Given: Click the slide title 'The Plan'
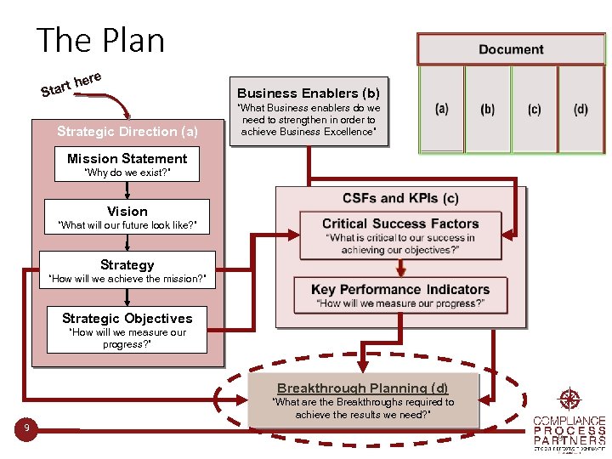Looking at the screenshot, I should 101,41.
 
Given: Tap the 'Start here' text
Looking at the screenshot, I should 71,83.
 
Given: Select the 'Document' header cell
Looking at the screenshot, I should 510,49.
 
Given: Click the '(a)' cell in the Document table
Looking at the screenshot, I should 442,109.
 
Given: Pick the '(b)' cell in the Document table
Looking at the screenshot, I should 487,109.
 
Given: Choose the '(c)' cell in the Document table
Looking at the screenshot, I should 534,109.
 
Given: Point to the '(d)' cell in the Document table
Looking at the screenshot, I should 581,109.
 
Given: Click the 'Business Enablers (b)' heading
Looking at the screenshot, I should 309,93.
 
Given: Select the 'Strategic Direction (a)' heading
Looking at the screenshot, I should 127,131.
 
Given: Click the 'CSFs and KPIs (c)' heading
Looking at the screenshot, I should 400,198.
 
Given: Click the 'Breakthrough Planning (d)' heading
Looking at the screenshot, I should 363,388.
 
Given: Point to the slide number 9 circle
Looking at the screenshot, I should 27,428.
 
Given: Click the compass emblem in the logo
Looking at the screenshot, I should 568,399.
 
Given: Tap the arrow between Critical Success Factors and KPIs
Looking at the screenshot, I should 400,266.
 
